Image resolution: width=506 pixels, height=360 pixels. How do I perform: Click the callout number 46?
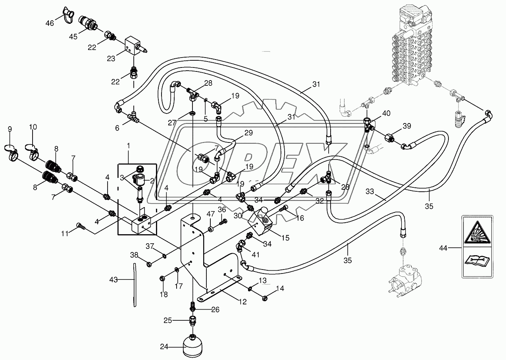point(50,23)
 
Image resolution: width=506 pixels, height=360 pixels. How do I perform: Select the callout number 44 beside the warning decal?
point(443,248)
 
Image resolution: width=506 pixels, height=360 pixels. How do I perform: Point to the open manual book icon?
point(477,263)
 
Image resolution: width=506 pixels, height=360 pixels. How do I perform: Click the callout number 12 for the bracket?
point(243,302)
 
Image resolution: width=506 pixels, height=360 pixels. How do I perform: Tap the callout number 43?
point(114,280)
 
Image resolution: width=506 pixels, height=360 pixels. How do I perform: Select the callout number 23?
point(111,59)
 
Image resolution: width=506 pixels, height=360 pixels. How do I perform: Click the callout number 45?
point(73,37)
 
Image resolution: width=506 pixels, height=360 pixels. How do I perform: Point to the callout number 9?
point(10,129)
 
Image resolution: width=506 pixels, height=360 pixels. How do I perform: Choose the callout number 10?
point(33,127)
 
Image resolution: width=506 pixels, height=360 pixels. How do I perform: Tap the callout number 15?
point(285,238)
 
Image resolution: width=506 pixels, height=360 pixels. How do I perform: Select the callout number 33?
point(370,192)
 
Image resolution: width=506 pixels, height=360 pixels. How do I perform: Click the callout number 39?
point(407,126)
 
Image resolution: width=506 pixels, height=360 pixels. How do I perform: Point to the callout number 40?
point(386,113)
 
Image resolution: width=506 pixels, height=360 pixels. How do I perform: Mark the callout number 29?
point(248,133)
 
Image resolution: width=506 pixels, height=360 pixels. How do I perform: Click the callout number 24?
point(164,347)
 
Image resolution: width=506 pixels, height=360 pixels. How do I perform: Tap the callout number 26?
point(215,310)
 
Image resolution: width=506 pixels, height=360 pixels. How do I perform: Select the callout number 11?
point(65,234)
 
